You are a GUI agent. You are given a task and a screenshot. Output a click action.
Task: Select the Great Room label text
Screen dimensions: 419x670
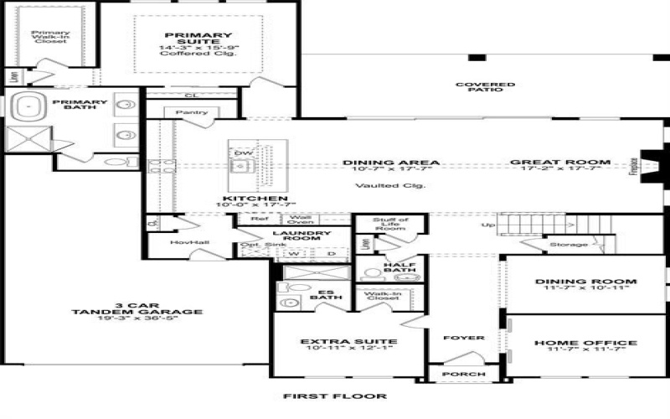(560, 163)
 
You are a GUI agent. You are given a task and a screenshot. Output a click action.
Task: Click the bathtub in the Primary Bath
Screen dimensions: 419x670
(33, 107)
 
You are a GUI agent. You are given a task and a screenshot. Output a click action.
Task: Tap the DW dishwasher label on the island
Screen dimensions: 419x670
(243, 153)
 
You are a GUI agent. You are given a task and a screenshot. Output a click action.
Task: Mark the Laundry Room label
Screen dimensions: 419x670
(302, 234)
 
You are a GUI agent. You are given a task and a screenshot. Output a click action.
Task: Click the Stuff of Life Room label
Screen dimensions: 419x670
(391, 223)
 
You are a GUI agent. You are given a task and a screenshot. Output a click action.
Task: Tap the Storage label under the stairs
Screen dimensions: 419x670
(568, 245)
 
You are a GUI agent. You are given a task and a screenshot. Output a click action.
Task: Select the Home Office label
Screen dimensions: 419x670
(585, 343)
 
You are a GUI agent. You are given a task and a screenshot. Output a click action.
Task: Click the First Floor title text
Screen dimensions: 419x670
(335, 396)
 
